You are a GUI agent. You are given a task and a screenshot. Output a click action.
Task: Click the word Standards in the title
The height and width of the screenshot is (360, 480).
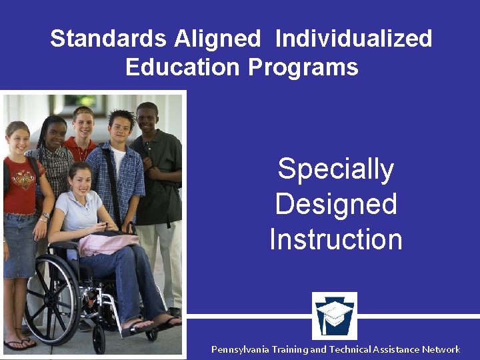[x=108, y=39]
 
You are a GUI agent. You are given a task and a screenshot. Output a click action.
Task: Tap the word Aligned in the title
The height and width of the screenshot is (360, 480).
[x=217, y=39]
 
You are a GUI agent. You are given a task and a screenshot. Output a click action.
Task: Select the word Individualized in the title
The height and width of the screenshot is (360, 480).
[x=353, y=39]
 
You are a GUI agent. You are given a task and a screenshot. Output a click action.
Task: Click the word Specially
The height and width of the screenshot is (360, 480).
[x=335, y=169]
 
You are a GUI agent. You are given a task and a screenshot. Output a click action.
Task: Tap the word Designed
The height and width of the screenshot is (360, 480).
[x=335, y=204]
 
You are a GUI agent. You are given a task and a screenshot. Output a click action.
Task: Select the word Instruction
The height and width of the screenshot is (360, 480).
[x=335, y=239]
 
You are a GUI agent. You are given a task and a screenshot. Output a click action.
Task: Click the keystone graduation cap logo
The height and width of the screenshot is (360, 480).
[x=335, y=316]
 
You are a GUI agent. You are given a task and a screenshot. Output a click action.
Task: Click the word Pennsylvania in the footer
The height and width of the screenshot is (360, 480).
[x=241, y=349]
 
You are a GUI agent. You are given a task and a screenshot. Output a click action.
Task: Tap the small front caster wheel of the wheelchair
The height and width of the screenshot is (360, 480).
[x=99, y=337]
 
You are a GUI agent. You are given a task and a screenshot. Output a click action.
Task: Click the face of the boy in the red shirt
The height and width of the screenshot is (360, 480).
[x=83, y=124]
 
